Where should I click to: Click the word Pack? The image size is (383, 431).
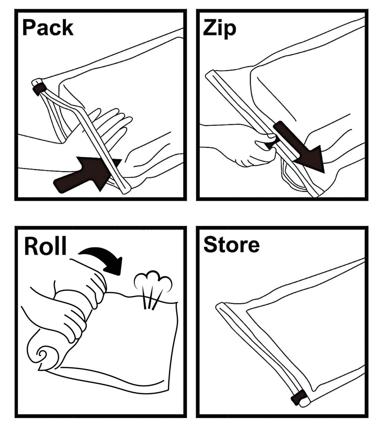click(48, 27)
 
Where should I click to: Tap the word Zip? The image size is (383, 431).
click(220, 29)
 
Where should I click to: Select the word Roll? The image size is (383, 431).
click(45, 245)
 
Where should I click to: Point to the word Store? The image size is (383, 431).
click(232, 245)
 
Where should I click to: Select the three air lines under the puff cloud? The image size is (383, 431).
click(151, 298)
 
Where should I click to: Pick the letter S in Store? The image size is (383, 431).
click(210, 245)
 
